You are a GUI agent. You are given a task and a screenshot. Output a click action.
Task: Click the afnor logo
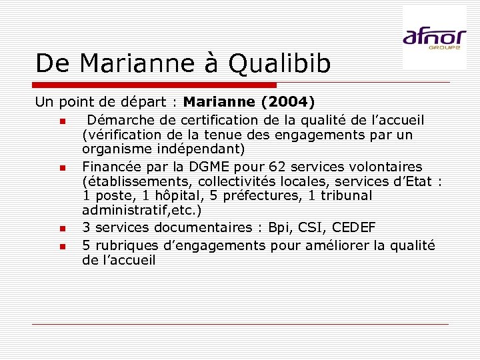[434, 37]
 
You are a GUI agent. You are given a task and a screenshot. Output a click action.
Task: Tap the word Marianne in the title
[134, 63]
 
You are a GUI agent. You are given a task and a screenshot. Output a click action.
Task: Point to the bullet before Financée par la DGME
[61, 168]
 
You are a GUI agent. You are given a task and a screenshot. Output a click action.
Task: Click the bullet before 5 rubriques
[61, 246]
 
